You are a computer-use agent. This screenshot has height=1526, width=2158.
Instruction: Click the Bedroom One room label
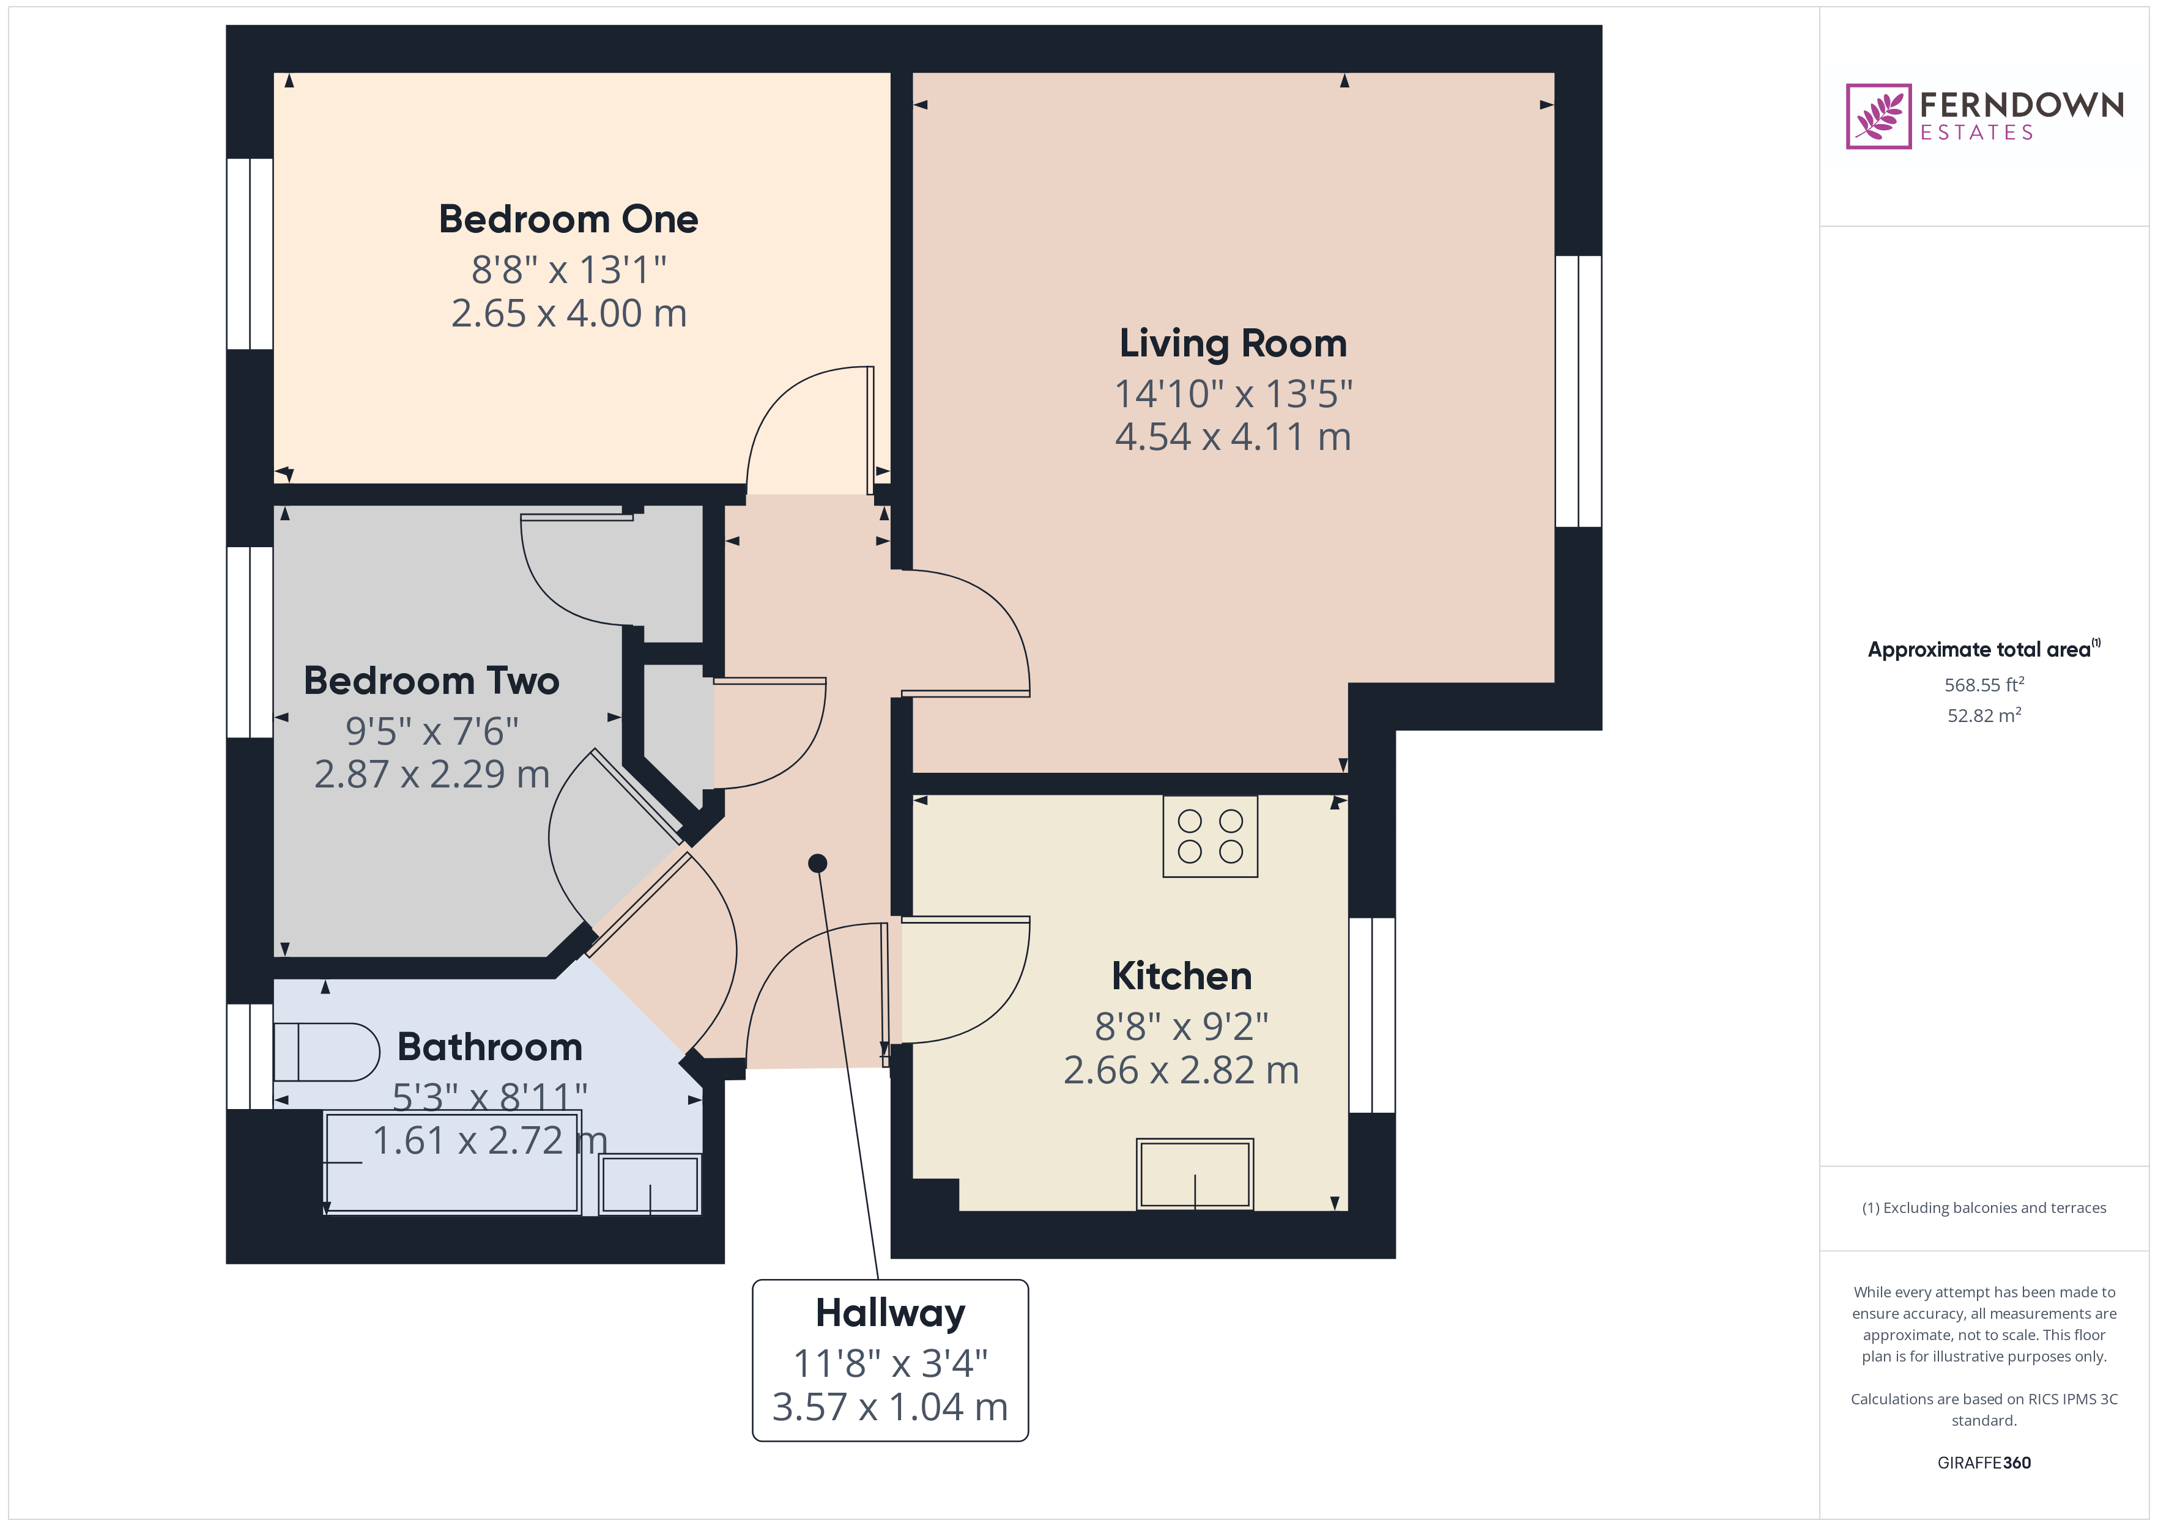tap(569, 219)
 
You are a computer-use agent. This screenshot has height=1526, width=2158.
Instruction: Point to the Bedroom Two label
tap(431, 680)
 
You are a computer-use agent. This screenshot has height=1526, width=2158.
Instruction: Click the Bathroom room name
tap(490, 1047)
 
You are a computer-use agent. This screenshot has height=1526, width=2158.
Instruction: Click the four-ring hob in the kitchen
tap(1210, 836)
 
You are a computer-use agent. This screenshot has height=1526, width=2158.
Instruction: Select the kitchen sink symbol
tap(1195, 1174)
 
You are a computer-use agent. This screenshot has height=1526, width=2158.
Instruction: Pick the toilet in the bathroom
tap(326, 1052)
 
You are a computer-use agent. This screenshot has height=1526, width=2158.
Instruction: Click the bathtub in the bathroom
tap(452, 1162)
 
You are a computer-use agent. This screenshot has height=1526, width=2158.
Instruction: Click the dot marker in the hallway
tap(818, 863)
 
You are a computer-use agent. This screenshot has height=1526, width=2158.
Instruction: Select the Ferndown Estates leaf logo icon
tap(1878, 117)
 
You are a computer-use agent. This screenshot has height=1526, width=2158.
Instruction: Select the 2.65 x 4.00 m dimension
tap(569, 313)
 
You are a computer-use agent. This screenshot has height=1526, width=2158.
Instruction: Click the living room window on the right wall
tap(1578, 391)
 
